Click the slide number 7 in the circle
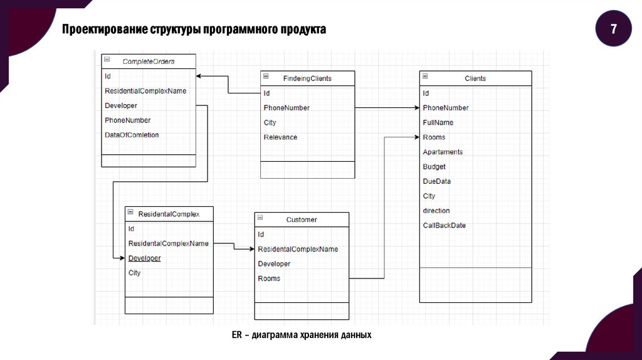[x=613, y=29]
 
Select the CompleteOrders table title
[x=149, y=61]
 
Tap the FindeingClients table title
[x=307, y=78]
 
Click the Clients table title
[x=475, y=78]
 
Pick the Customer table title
[x=302, y=220]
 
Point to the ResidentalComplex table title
[x=169, y=214]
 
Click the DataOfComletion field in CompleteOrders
[x=132, y=135]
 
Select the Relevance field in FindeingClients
[x=280, y=137]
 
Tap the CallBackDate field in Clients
[x=444, y=225]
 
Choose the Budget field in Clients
[x=434, y=167]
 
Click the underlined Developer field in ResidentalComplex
[x=144, y=258]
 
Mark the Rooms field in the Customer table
[x=269, y=278]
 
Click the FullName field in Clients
[x=438, y=122]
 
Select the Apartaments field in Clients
[x=443, y=152]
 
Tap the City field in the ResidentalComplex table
[x=134, y=273]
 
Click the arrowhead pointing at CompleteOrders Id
[x=199, y=77]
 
